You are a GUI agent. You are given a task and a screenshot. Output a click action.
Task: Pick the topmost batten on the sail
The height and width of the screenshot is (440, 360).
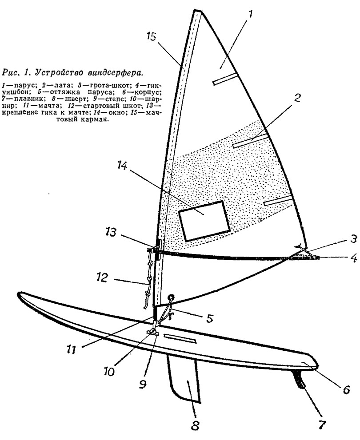[226, 79]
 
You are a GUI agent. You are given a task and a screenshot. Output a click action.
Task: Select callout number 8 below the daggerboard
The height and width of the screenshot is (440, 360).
[194, 425]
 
